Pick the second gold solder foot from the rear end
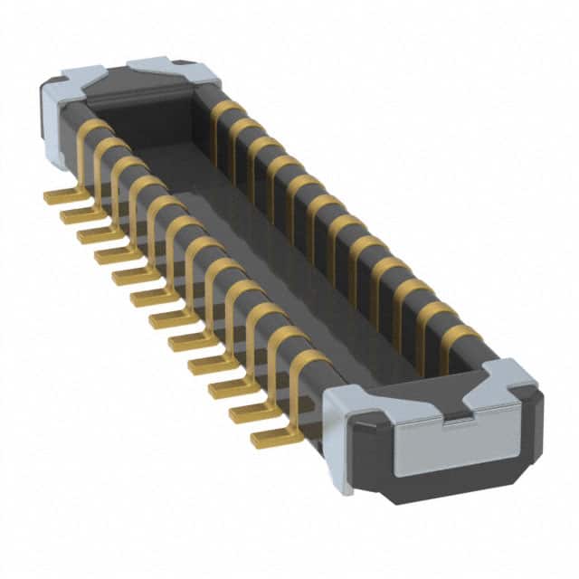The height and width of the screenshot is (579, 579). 80,215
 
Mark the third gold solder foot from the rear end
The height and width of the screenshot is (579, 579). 98,235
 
